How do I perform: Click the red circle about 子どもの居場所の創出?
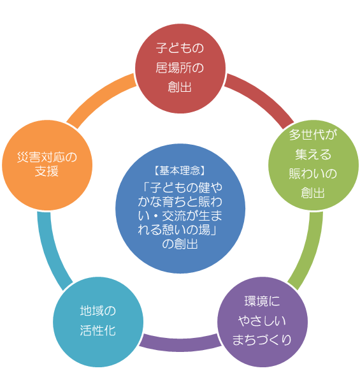(180, 68)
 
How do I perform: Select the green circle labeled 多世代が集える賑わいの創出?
(313, 165)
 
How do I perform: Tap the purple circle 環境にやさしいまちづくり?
(263, 322)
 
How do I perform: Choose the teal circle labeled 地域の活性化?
(98, 322)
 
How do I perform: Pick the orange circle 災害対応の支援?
(47, 165)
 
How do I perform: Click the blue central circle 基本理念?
(180, 208)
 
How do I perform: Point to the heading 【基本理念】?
(180, 171)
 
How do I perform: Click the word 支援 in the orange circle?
(47, 172)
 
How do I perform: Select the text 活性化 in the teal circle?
(97, 331)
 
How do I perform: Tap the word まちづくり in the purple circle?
(262, 340)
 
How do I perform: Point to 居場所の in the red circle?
(180, 68)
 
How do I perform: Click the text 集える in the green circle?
(313, 155)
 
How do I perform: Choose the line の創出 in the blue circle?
(180, 244)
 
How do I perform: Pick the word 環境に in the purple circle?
(262, 302)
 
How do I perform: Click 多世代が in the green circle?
(313, 135)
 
